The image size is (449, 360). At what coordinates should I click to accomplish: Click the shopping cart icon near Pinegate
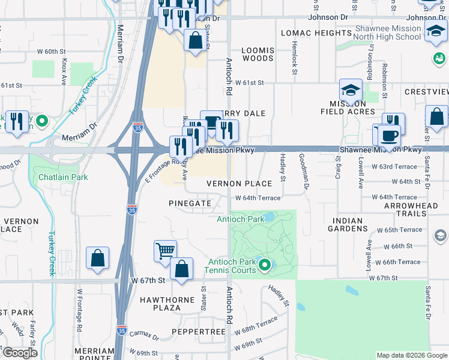coord(165,251)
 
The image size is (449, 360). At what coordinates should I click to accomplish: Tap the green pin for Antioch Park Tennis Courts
coord(263,265)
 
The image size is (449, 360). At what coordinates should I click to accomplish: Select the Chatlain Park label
coord(63,177)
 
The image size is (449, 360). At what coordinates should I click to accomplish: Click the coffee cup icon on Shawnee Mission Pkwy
coord(388,136)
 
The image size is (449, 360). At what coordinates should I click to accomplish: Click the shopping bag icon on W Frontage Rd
coord(97,259)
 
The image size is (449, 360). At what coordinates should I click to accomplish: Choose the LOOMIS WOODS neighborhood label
coord(258,55)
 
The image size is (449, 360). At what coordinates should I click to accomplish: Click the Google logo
coord(19,353)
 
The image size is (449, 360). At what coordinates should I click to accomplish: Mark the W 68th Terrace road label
coord(261,326)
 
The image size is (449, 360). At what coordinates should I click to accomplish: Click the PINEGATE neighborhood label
coord(190,203)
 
